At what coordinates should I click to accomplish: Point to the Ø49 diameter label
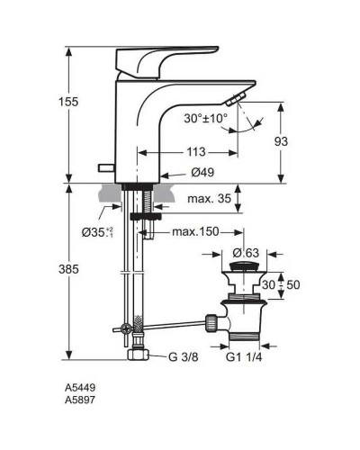click(202, 171)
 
